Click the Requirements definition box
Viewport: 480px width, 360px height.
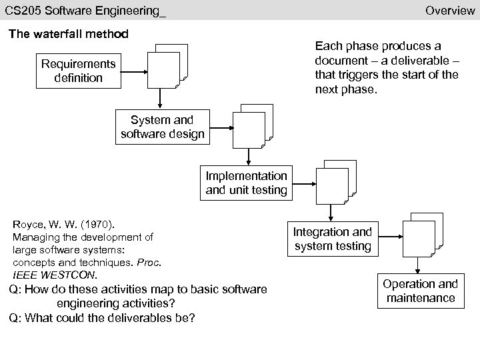pyautogui.click(x=78, y=71)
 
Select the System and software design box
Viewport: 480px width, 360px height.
pyautogui.click(x=162, y=127)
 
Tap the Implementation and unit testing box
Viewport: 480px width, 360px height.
pyautogui.click(x=247, y=183)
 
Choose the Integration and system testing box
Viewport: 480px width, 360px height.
pyautogui.click(x=333, y=239)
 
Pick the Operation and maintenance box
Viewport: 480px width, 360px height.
pyautogui.click(x=420, y=291)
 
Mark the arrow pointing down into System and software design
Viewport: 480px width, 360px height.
pyautogui.click(x=160, y=100)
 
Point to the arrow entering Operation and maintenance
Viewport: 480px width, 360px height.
pyautogui.click(x=417, y=267)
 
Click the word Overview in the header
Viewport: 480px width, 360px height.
pyautogui.click(x=449, y=10)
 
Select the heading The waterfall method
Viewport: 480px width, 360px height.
pyautogui.click(x=68, y=33)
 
